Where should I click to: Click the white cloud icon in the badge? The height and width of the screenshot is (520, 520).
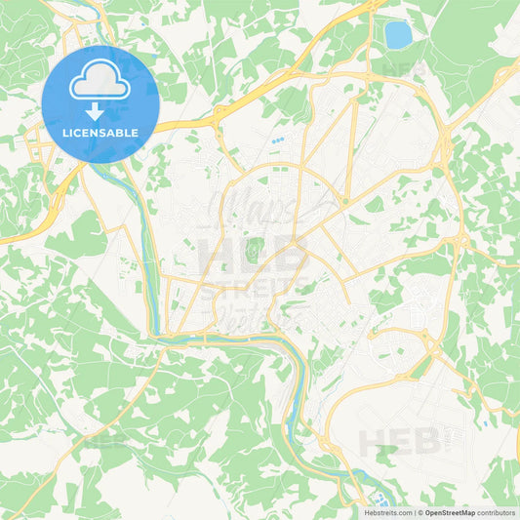tap(100, 83)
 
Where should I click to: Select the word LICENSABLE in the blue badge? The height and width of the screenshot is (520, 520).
tap(100, 133)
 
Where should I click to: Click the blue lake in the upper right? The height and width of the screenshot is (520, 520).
tap(397, 35)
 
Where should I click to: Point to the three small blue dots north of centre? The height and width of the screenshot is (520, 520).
tap(278, 140)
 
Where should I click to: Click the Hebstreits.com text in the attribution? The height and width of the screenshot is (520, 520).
tap(383, 512)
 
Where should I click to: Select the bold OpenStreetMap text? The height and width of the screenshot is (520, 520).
tap(449, 512)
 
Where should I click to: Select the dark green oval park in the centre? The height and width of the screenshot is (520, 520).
tap(257, 249)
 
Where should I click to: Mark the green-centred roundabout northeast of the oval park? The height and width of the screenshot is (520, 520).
tap(344, 202)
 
